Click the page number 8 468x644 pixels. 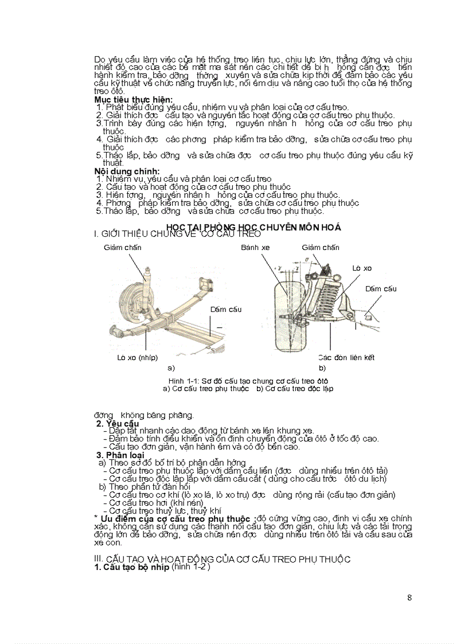[x=409, y=598]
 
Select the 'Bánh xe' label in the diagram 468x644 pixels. [x=255, y=248]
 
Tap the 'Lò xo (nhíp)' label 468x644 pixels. [x=137, y=357]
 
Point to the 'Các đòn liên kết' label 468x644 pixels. [x=346, y=357]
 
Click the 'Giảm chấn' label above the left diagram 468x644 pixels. [x=122, y=248]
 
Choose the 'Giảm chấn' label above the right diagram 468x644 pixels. [x=321, y=248]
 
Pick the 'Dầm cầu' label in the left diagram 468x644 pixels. [x=225, y=310]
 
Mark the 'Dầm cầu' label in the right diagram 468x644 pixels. [x=381, y=289]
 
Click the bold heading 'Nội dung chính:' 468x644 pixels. [x=127, y=171]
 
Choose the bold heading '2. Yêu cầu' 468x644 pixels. [x=118, y=423]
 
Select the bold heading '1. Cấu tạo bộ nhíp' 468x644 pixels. [x=132, y=567]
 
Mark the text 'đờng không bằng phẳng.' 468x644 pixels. [x=144, y=415]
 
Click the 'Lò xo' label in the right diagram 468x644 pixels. [x=362, y=268]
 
